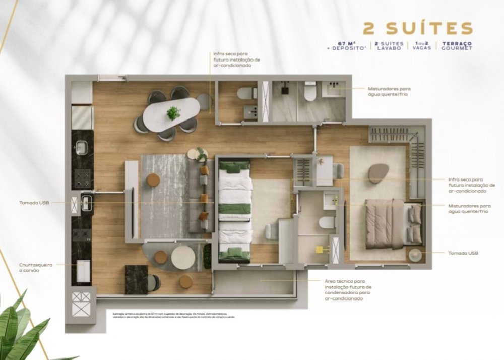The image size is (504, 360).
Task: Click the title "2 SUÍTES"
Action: (418, 28)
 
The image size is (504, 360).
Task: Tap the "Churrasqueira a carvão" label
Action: (36, 267)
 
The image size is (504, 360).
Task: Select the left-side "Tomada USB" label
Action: (34, 203)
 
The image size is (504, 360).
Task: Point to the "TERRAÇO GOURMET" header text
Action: (457, 46)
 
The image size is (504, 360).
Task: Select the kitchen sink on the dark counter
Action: (81, 148)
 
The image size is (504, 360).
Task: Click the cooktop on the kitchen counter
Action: (82, 177)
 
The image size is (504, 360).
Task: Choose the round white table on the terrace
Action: (183, 258)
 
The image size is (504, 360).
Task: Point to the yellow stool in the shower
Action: (319, 249)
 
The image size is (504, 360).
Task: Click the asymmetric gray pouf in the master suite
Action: (379, 173)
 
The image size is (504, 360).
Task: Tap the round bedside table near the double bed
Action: (416, 255)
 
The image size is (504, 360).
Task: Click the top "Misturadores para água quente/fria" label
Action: (387, 90)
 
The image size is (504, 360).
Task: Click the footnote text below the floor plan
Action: (174, 315)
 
